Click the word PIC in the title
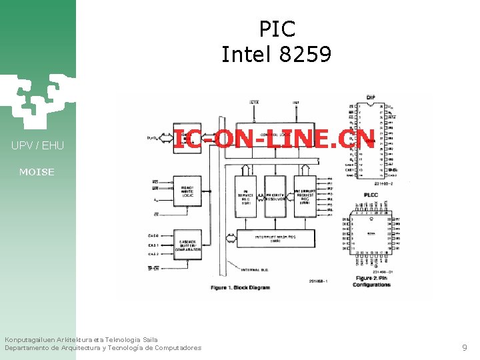[277, 29]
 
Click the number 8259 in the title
[305, 54]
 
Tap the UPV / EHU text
[37, 145]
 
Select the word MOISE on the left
[37, 172]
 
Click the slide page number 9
[465, 347]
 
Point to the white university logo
[33, 100]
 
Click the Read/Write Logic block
[191, 193]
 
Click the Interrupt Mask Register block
[276, 237]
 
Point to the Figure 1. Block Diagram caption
[241, 287]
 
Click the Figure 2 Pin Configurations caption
[373, 281]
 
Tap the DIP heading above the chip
[371, 98]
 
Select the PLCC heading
[371, 195]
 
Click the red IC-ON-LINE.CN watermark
[274, 138]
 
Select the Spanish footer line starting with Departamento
[103, 348]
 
